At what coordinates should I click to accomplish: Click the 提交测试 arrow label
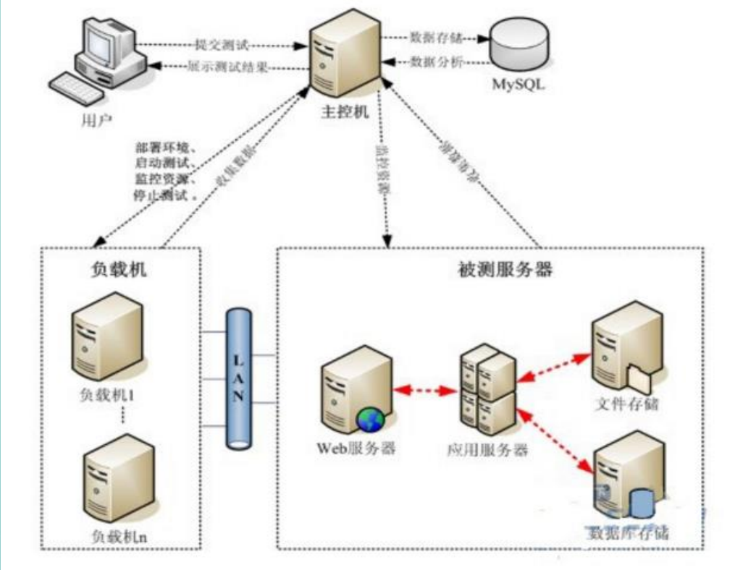(222, 45)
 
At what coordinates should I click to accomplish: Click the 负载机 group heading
(119, 271)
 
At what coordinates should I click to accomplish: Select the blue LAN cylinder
(240, 378)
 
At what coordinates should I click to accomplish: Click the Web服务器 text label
(356, 448)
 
